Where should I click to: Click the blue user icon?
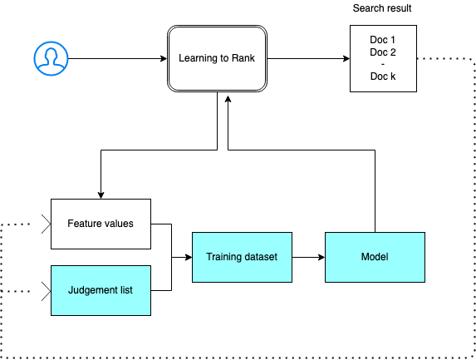coord(51,57)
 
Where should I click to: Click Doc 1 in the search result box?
coord(381,41)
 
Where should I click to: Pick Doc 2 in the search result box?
coord(381,52)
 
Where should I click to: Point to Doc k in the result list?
coord(381,76)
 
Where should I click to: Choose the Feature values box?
coord(101,224)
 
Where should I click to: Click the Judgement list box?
coord(101,290)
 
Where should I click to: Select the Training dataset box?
coord(242,257)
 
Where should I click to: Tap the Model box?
coord(374,257)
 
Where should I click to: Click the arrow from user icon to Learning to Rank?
coord(116,58)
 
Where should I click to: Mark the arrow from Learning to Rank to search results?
coord(307,58)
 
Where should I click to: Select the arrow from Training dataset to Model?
coord(307,257)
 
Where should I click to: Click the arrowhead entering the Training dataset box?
coord(188,257)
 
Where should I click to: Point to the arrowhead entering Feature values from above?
coord(101,195)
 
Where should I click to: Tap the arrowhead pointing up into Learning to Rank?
coord(228,96)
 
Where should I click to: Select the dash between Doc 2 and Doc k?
coord(381,65)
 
